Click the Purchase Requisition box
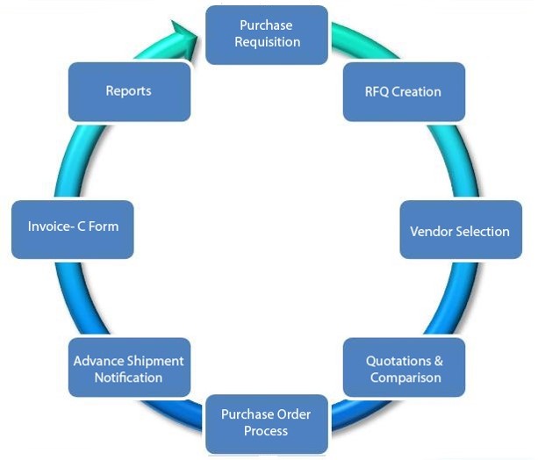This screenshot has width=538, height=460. coord(267,34)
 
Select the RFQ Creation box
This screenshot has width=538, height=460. coord(403,91)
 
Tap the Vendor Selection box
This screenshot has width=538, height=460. coord(459,231)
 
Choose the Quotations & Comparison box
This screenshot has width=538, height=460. coord(403,369)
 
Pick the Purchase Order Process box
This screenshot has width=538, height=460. coord(266,422)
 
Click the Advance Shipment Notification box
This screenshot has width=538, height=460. coord(129,369)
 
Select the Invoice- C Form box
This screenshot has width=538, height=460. coord(73,226)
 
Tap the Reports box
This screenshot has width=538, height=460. coord(129,90)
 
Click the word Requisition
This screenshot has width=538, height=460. coord(267,42)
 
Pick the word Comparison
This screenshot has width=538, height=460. coord(405,377)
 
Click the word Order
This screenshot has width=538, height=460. coord(293,414)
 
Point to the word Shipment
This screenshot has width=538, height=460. coord(156,361)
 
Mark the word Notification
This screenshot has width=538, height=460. coord(129,377)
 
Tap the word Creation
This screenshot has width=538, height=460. coord(417,91)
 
